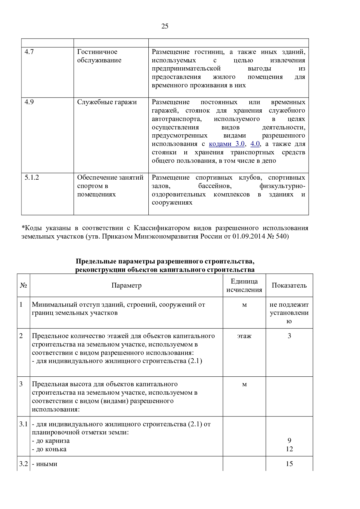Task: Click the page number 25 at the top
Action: (x=165, y=26)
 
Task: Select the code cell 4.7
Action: (x=29, y=52)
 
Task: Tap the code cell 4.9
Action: (x=29, y=102)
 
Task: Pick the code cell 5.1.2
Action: (x=32, y=178)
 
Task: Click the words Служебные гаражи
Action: (x=107, y=102)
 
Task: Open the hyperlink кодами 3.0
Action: (x=227, y=144)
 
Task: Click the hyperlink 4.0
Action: (x=255, y=144)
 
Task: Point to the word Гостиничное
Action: (x=97, y=52)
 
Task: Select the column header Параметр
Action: (x=126, y=286)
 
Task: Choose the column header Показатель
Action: (x=289, y=286)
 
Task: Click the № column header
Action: (x=24, y=286)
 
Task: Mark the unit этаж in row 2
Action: (x=244, y=336)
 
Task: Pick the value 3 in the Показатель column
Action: (x=289, y=336)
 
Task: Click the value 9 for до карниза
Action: (x=289, y=441)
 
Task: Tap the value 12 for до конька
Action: (x=289, y=449)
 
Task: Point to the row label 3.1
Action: (x=24, y=424)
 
